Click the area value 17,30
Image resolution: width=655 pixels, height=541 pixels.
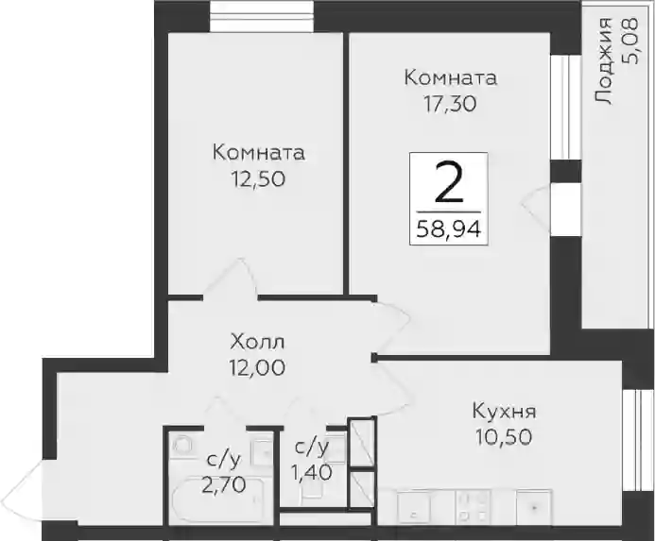tap(450, 104)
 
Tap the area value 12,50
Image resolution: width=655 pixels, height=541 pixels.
tap(259, 179)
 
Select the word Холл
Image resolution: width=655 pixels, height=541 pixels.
tap(257, 343)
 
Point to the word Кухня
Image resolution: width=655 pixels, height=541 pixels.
tap(504, 412)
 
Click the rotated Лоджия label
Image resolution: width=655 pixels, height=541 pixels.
tap(603, 61)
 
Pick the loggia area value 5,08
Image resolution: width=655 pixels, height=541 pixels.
tap(629, 41)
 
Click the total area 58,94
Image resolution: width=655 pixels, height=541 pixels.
tap(449, 228)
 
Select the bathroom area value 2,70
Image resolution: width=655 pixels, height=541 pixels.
tap(223, 485)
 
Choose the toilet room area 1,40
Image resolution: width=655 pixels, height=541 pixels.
tap(312, 472)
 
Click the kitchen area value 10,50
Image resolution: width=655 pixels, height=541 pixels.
tap(504, 437)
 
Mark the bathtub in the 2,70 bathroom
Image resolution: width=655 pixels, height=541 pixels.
tap(217, 499)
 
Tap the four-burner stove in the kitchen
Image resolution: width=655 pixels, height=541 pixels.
tap(473, 506)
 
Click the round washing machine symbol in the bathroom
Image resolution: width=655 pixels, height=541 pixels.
tap(181, 445)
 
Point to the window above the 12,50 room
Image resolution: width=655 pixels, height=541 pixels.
tap(262, 16)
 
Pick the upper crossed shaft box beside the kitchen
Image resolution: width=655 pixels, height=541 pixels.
tap(362, 443)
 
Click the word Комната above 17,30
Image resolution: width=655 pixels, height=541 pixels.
tap(451, 78)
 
